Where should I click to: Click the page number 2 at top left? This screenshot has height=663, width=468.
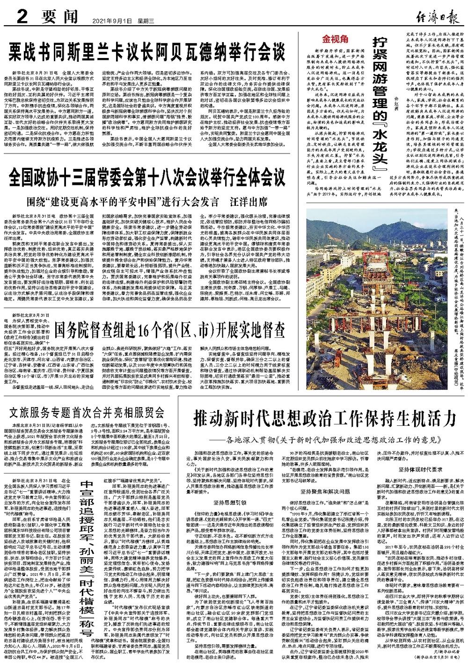click(x=21, y=18)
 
